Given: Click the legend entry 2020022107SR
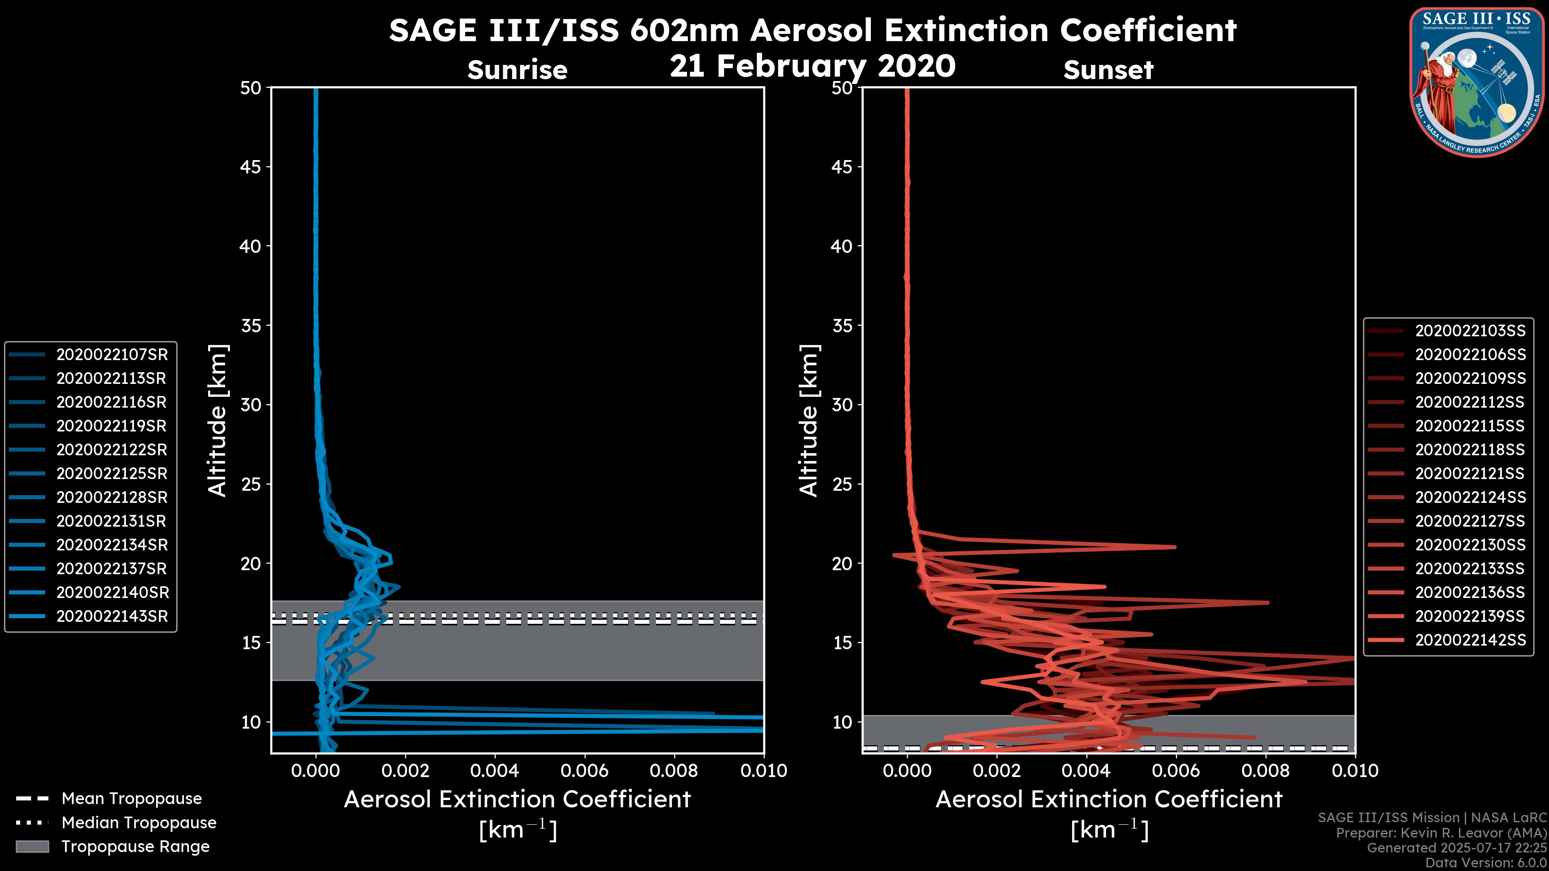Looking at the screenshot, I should click(112, 355).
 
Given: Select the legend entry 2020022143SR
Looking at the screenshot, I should click(112, 616).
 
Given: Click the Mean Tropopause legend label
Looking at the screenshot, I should click(132, 798).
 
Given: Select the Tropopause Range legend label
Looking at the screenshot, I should click(135, 846).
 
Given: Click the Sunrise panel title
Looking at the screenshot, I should click(517, 70).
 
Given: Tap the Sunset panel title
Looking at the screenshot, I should click(1108, 70).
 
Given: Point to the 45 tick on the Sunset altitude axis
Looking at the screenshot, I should click(842, 167).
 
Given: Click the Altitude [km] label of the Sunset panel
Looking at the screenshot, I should click(809, 421).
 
